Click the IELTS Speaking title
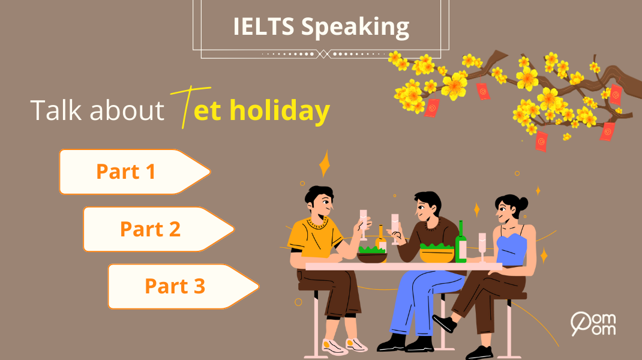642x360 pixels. [x=321, y=27]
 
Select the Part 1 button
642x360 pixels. [x=126, y=172]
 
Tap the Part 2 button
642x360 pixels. [x=150, y=229]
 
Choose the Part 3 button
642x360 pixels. [x=175, y=286]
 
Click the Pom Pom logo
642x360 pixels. [x=593, y=323]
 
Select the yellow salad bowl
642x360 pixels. [x=437, y=253]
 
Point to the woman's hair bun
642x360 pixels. [x=523, y=203]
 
